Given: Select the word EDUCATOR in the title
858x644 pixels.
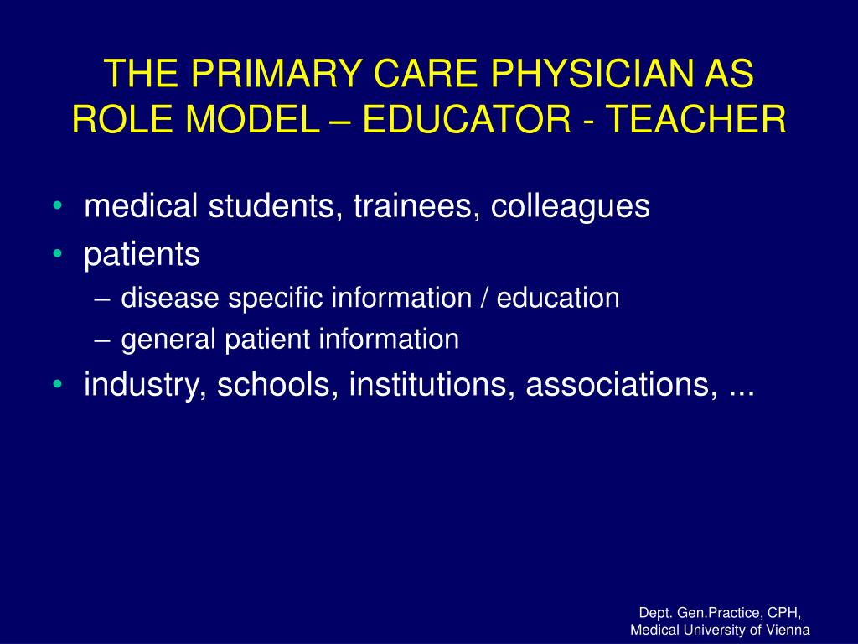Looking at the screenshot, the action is tap(466, 119).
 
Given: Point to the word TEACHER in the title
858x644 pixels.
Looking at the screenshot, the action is tap(695, 119).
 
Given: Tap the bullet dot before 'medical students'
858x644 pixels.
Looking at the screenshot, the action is tap(58, 206).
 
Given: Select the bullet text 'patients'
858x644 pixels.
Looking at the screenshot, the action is tap(142, 256).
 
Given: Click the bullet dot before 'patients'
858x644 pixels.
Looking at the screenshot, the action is tap(58, 254).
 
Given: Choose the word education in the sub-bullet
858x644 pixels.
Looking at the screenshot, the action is tap(558, 298).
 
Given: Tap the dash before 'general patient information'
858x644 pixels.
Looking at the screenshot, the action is tap(102, 340).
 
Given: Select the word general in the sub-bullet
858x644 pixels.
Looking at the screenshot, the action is tap(168, 340).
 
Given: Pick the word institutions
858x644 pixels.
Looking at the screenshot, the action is tap(432, 384).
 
